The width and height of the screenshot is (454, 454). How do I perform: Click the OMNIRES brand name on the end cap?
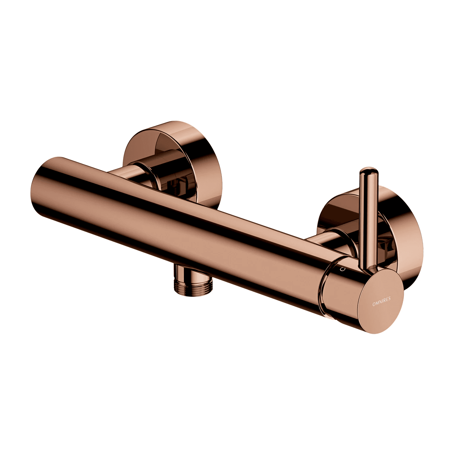[x=381, y=301]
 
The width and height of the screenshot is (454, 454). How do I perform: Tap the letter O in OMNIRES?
[x=374, y=304]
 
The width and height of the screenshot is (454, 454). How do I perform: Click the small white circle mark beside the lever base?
[x=343, y=269]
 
